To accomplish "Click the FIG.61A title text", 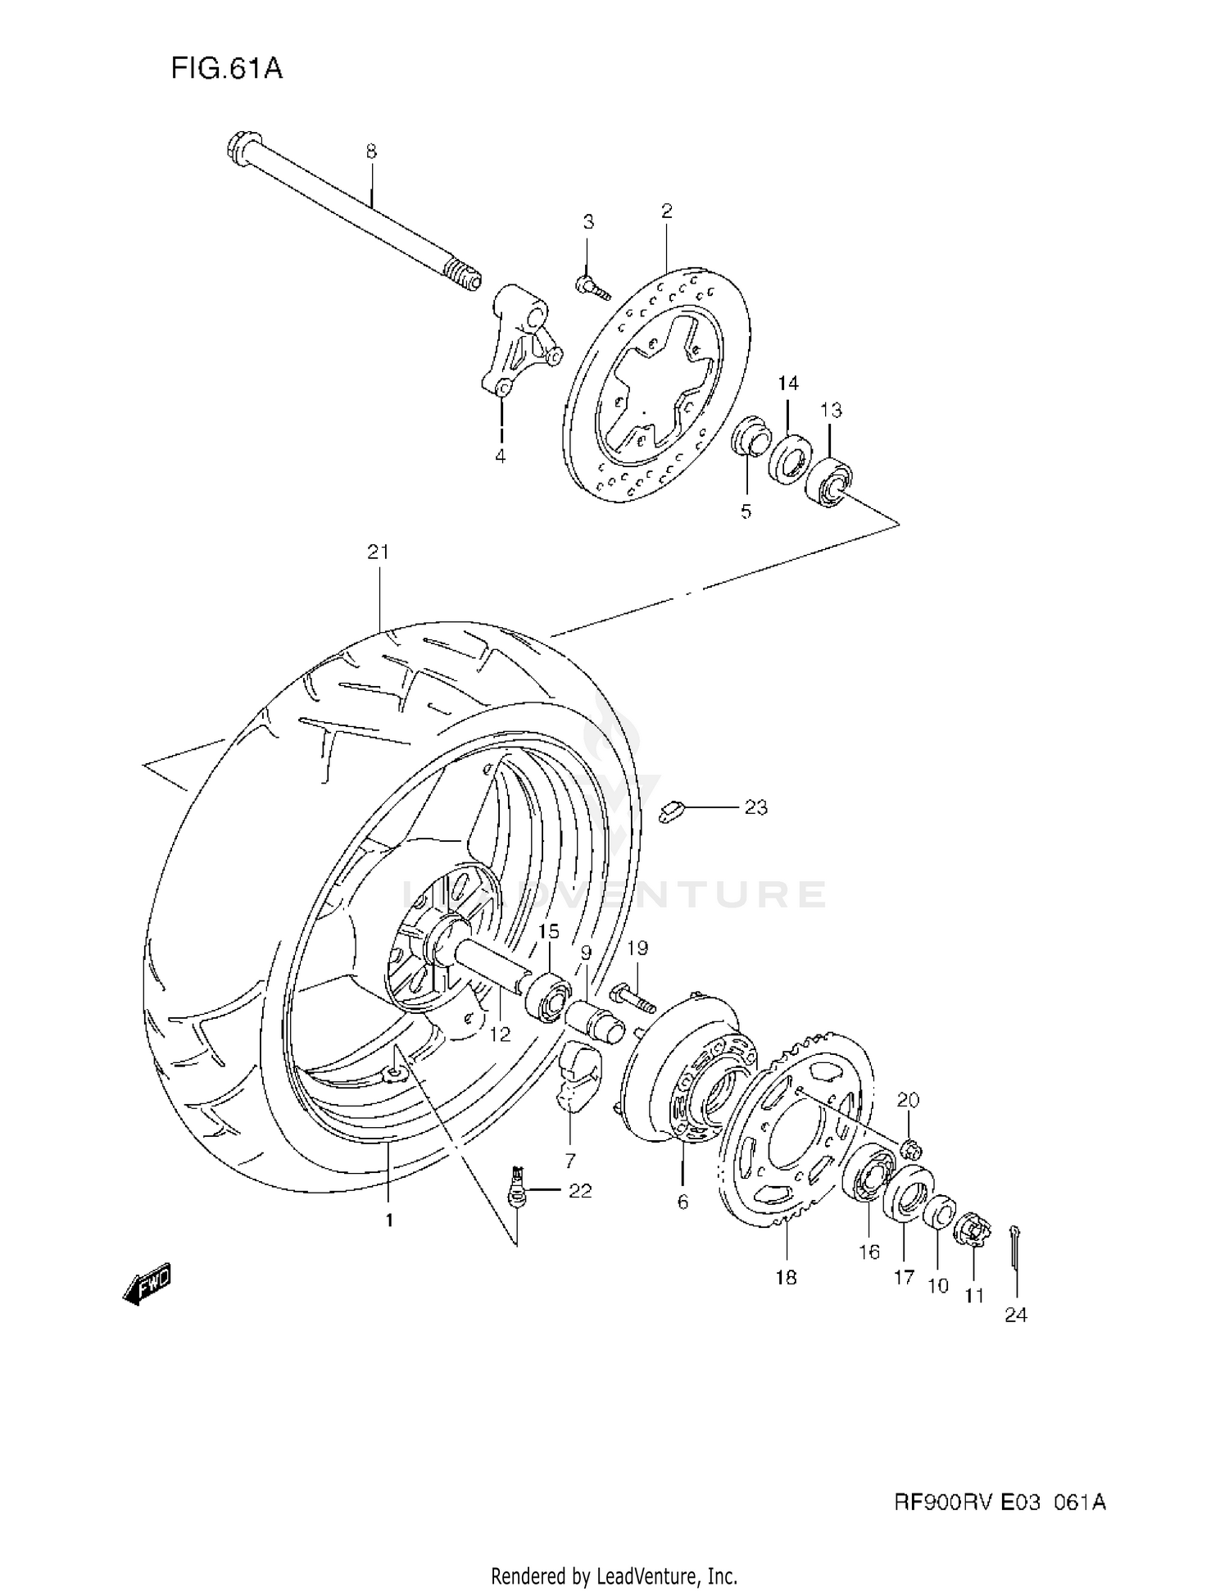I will click(x=226, y=69).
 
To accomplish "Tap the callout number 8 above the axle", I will click(x=371, y=152).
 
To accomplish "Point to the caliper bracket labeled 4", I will click(x=518, y=339).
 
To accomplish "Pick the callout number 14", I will click(x=788, y=383).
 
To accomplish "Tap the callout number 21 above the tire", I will click(x=378, y=552).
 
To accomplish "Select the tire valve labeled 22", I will click(x=516, y=1187).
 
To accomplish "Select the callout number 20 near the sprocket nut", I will click(x=909, y=1100).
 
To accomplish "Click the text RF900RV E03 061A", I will click(x=999, y=1502).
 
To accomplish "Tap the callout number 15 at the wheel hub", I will click(x=548, y=931).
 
